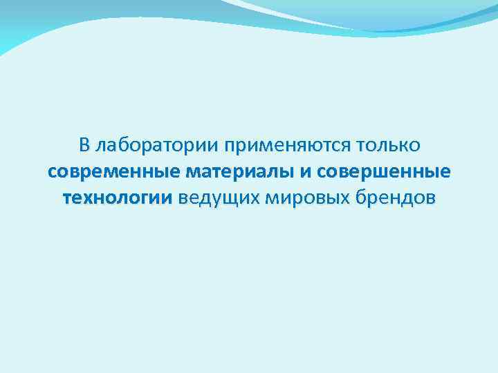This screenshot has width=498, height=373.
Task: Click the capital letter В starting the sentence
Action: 84,146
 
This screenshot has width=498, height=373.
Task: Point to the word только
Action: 387,146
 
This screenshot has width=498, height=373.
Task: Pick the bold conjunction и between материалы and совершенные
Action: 306,172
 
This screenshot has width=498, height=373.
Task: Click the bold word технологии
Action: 117,198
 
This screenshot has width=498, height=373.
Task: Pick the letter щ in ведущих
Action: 225,199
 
